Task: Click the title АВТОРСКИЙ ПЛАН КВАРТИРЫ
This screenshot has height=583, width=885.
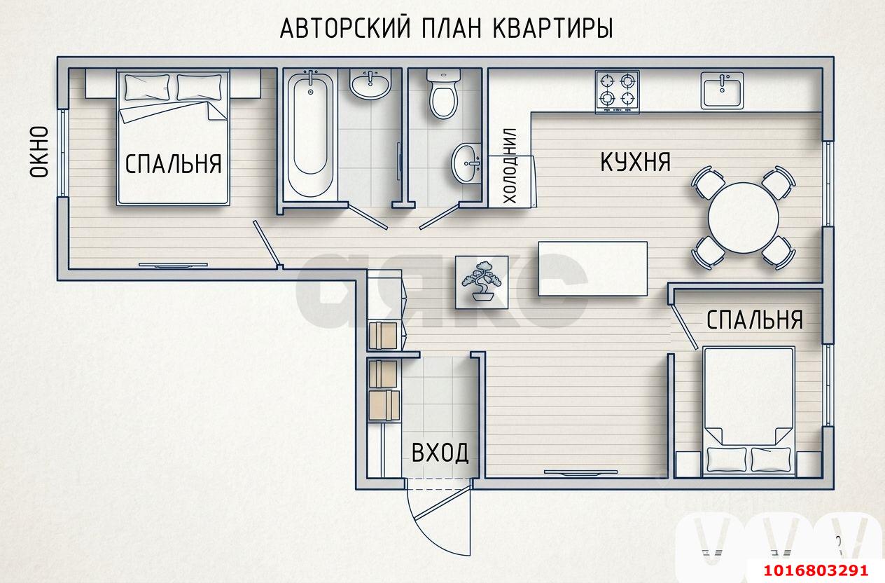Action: coord(446,29)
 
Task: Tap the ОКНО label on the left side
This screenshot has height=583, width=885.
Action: coord(39,151)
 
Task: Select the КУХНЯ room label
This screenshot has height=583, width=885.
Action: coord(635,162)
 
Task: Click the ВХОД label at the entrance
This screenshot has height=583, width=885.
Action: coord(440,453)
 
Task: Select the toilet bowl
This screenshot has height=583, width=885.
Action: coord(443,95)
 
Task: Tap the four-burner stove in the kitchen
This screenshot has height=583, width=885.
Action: coord(618,92)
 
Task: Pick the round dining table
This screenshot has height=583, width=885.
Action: coord(743,217)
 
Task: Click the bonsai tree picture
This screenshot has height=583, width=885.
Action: coord(481,281)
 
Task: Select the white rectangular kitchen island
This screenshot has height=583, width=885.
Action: coord(592,268)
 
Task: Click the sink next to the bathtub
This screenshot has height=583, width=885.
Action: coord(370,85)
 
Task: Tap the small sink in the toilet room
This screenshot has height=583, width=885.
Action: coord(466,163)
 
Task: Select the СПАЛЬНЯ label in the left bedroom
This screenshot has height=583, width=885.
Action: coord(173,164)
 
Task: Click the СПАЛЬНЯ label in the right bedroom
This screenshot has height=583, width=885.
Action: coord(754,320)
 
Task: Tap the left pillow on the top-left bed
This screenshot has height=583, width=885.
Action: coord(145,88)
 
